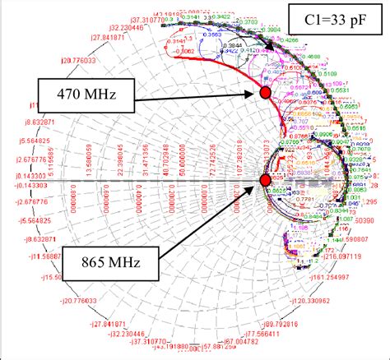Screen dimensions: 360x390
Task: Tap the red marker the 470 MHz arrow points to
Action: point(265,94)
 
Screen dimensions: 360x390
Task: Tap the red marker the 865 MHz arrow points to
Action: point(265,180)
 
